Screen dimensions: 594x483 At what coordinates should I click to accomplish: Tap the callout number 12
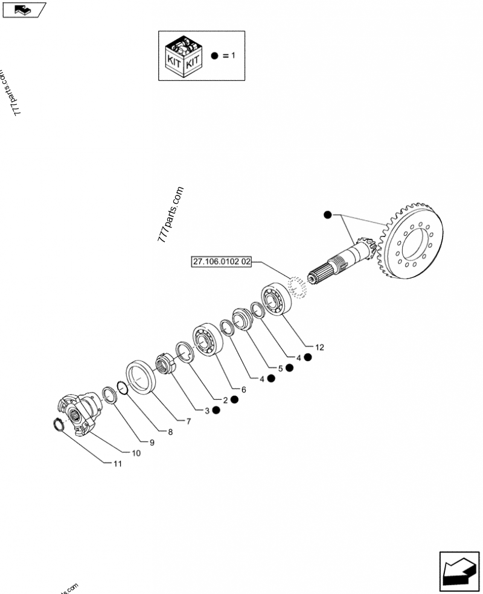[319, 347]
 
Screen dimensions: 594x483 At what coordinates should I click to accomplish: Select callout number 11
[117, 463]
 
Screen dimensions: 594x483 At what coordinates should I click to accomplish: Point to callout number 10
[136, 453]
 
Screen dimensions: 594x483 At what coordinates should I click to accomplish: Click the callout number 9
[152, 442]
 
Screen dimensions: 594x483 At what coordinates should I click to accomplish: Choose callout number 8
[170, 432]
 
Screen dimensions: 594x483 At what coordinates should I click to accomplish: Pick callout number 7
[188, 421]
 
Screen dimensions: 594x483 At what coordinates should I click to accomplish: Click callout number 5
[280, 368]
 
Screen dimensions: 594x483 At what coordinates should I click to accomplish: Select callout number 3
[207, 411]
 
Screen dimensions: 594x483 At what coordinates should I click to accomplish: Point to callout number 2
[225, 400]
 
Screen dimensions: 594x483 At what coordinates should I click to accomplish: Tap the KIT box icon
[183, 55]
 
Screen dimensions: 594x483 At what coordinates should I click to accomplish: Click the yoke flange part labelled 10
[80, 412]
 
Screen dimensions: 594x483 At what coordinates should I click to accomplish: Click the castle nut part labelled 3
[165, 364]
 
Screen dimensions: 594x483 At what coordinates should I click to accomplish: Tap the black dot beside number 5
[290, 368]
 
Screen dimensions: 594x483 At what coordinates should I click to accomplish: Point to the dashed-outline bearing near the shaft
[298, 285]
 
